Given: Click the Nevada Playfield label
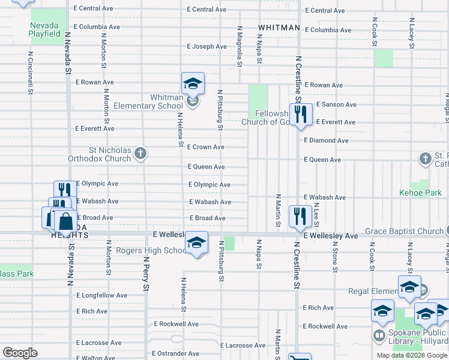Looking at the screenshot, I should point(44,29).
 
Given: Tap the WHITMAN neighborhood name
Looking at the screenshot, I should point(279,28).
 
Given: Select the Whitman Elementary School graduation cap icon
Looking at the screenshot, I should point(193,83).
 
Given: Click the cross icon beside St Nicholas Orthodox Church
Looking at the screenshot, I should point(140,154).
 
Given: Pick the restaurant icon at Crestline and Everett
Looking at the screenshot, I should point(300,114).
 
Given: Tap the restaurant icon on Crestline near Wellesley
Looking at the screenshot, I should point(299,217).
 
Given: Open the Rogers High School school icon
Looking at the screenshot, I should point(196,242).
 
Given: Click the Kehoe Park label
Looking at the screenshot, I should point(420,193).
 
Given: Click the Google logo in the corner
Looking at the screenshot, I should point(20,353).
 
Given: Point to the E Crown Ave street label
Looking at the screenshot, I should point(205,147).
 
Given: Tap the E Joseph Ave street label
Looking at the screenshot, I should point(206,46).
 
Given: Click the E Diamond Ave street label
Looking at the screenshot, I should point(326,140).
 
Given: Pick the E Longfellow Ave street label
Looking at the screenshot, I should point(102,295).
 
